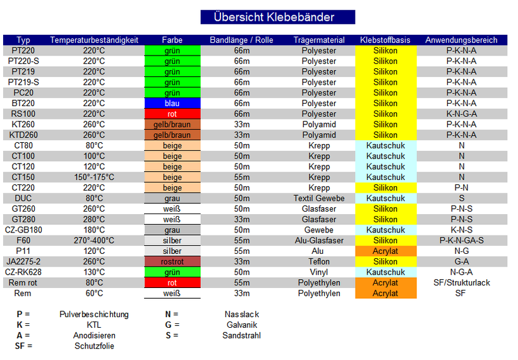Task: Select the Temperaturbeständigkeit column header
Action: click(94, 40)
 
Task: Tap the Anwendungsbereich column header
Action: click(461, 40)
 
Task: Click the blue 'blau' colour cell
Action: click(172, 104)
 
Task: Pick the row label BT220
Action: click(23, 104)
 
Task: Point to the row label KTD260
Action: click(23, 135)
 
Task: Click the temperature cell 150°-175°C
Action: click(94, 177)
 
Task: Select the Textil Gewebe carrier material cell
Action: click(319, 198)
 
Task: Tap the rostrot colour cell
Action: click(172, 261)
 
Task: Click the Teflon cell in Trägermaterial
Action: click(319, 261)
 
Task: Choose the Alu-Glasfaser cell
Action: click(319, 241)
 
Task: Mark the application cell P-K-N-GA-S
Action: click(461, 241)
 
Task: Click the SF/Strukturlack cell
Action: click(461, 283)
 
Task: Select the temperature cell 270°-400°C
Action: click(94, 241)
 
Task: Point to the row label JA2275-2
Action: click(23, 261)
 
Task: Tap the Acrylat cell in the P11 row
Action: click(385, 251)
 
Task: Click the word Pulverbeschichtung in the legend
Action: click(94, 315)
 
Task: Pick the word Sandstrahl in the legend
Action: click(241, 335)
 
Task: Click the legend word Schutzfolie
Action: click(94, 346)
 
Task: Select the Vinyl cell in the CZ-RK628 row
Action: click(319, 272)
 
